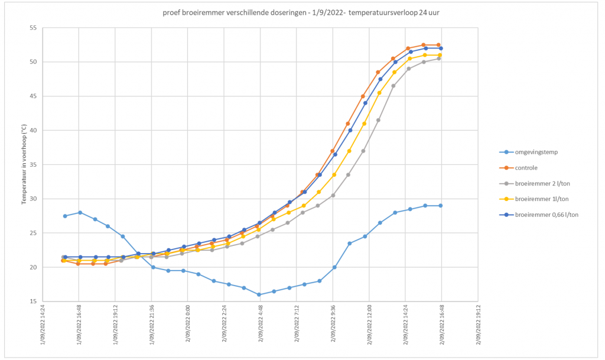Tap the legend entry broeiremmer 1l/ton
tap(538, 199)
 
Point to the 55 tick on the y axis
tap(32, 28)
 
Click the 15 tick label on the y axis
tap(32, 301)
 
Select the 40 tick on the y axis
tap(32, 131)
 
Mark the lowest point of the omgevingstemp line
tap(259, 294)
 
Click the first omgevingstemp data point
tap(65, 216)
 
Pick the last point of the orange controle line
tap(438, 45)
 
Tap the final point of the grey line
tap(438, 59)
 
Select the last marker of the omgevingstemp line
tap(440, 206)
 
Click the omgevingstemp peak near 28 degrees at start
tap(80, 212)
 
